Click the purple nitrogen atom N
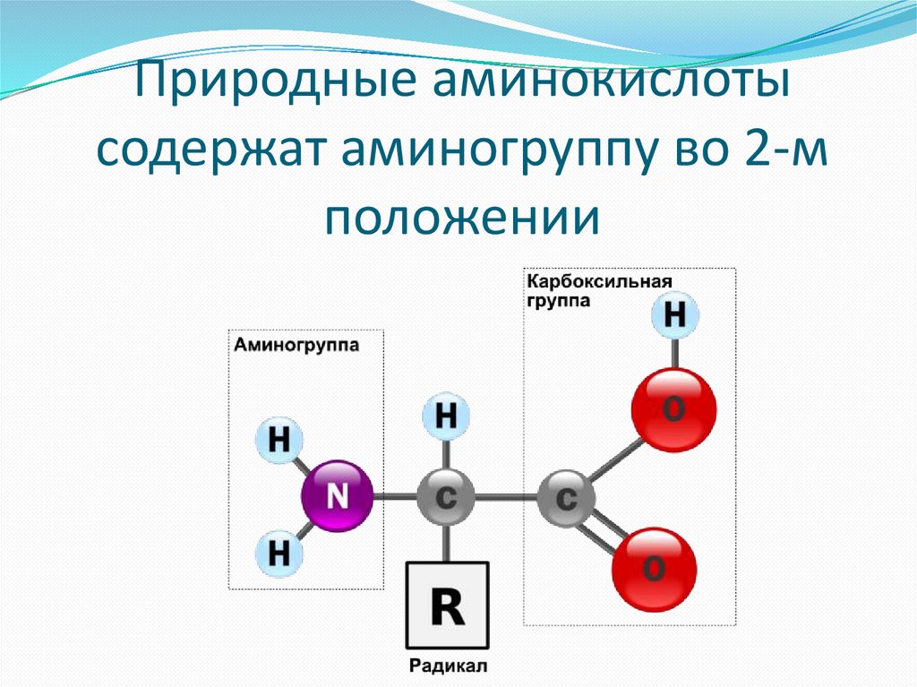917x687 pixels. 337,496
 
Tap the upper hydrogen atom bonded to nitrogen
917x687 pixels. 280,440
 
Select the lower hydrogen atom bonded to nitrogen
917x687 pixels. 280,554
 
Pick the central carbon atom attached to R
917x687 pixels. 446,496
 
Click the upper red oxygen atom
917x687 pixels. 673,409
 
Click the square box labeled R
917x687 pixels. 447,605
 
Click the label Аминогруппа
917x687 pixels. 296,344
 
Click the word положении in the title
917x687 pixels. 460,216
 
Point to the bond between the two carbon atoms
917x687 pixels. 506,497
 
